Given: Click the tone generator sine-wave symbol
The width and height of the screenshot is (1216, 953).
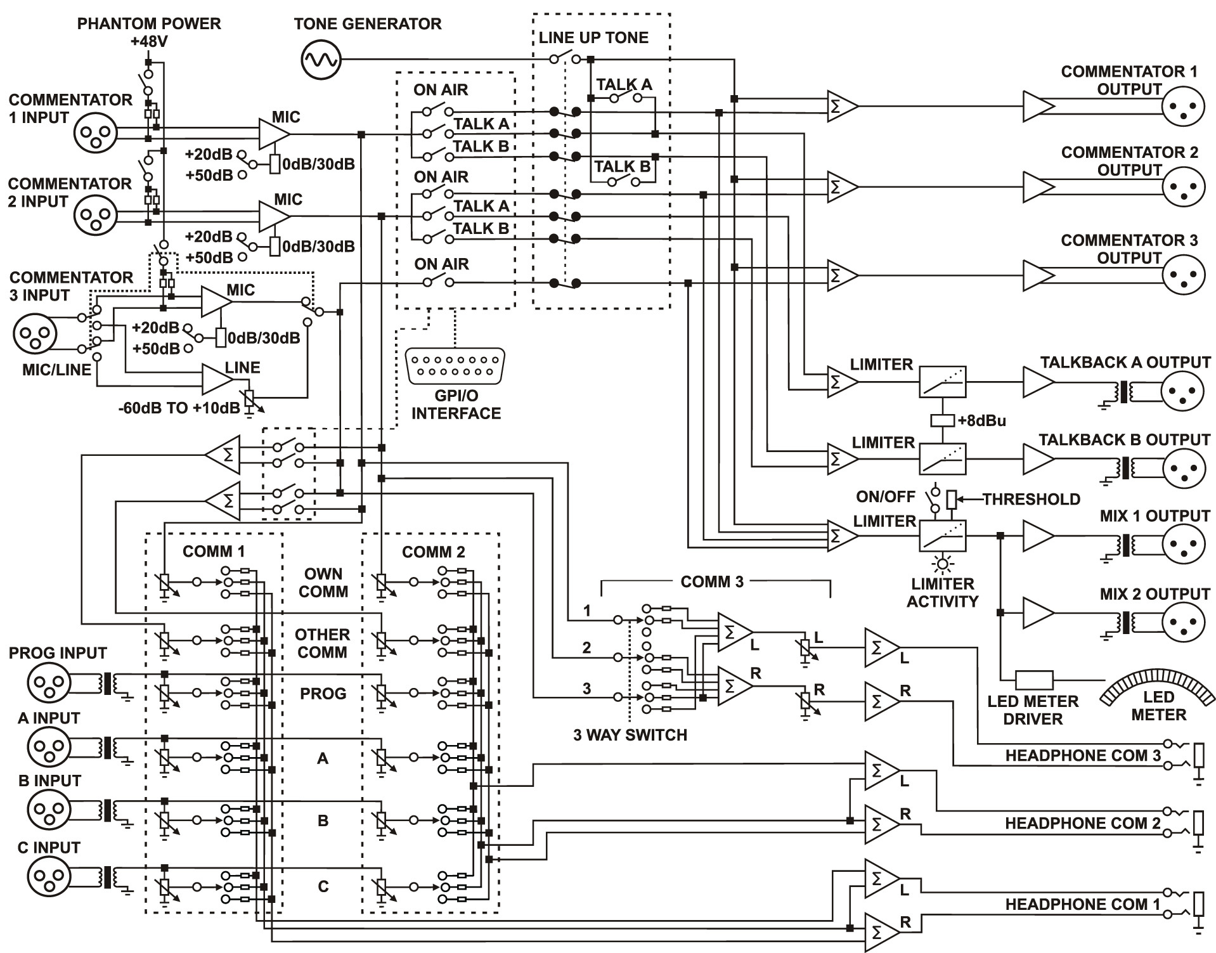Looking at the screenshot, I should tap(320, 60).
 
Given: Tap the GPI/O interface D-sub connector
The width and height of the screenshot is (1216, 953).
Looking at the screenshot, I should tap(455, 366).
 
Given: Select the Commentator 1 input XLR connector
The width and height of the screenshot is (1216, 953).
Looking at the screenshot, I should tap(96, 134).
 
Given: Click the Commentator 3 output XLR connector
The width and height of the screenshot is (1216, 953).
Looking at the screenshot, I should tap(1182, 275).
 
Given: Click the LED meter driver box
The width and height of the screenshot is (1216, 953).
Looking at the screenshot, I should tap(1034, 680).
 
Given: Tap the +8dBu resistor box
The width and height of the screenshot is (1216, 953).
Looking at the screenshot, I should tap(943, 420).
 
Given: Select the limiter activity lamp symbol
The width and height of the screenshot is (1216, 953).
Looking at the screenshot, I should tap(943, 564).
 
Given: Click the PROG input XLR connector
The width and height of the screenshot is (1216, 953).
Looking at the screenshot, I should tap(48, 683).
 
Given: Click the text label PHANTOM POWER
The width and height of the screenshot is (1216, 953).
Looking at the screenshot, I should tap(149, 24).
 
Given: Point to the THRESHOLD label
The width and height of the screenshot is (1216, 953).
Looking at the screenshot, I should tap(1032, 500).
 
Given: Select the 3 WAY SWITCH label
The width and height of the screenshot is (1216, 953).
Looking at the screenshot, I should tap(630, 735).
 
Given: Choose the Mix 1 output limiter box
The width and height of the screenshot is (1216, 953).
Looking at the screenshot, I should tap(943, 536).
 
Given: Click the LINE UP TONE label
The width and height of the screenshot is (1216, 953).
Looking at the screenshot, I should tap(593, 37).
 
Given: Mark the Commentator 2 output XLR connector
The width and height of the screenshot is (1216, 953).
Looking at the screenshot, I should tap(1182, 186).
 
